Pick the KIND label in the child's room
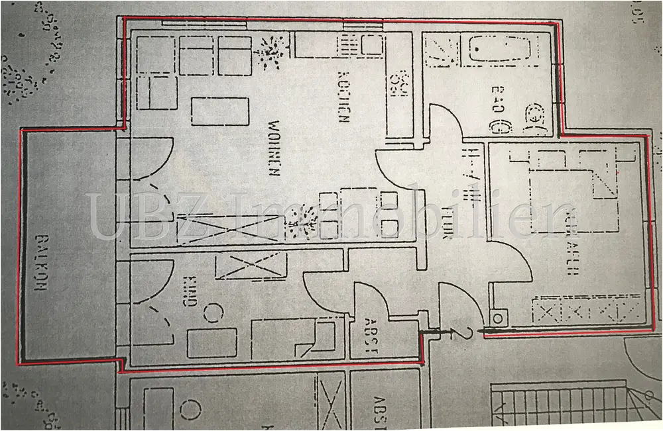(x=188, y=291)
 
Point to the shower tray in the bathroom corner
(x=442, y=52)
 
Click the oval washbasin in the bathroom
(x=495, y=122)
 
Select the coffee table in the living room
(x=219, y=111)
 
